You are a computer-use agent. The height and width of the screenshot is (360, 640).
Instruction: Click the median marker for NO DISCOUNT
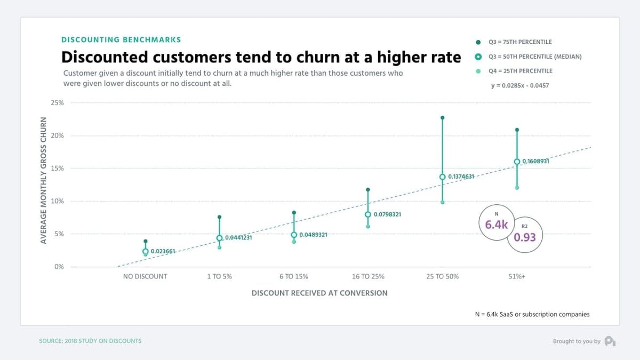[146, 251]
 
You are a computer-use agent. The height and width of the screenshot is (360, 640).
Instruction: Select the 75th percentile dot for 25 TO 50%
[443, 118]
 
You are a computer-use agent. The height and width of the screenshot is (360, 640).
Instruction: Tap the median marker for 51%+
[517, 162]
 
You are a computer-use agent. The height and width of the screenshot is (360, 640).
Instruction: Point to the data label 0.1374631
[461, 177]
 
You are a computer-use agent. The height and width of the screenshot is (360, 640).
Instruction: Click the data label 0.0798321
[387, 214]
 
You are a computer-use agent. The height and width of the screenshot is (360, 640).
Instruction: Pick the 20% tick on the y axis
[57, 135]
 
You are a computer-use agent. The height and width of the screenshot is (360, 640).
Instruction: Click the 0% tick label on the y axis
[59, 267]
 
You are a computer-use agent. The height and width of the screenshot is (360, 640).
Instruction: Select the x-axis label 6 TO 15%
[293, 276]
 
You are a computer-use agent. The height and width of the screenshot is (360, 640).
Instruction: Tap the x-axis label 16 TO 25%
[368, 276]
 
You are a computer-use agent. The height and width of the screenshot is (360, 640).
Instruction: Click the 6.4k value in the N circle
[496, 225]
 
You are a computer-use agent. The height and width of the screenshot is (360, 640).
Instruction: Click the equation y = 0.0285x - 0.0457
[520, 85]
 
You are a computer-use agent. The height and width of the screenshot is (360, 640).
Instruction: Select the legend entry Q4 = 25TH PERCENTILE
[520, 71]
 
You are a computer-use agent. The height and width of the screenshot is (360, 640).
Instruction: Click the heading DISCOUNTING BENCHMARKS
[121, 39]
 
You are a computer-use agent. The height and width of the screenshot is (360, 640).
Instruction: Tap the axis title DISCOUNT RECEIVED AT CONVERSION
[319, 293]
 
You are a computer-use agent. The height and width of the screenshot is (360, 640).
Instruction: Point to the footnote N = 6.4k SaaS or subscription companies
[532, 314]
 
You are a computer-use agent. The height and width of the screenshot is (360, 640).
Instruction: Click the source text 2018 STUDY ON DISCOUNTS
[90, 341]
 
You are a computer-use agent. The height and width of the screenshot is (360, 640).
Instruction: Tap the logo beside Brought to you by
[610, 341]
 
